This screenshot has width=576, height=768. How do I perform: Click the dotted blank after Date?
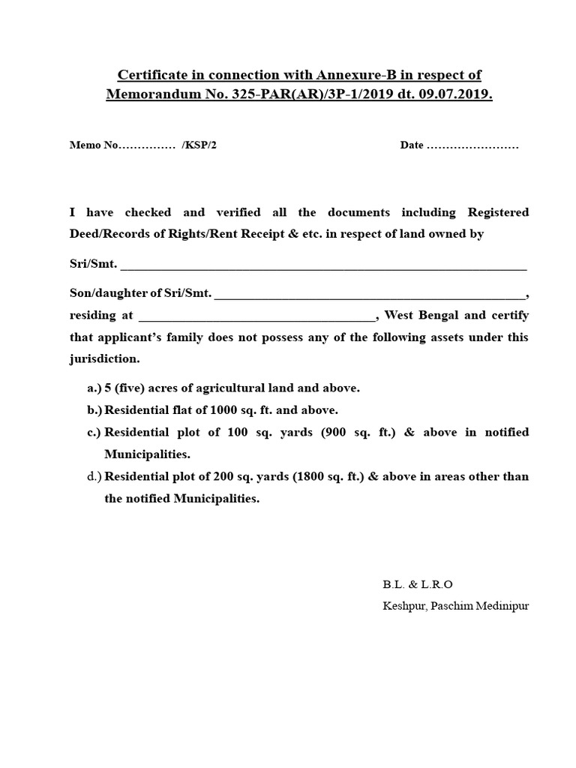click(472, 145)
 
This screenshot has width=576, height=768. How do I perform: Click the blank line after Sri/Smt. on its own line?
click(323, 265)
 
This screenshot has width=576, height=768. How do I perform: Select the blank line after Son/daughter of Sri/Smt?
click(370, 294)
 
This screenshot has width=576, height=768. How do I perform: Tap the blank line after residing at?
click(256, 316)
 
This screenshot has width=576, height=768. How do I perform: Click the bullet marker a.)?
click(94, 388)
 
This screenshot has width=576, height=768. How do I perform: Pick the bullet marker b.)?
click(94, 410)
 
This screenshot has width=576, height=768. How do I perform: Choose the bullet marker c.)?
click(94, 432)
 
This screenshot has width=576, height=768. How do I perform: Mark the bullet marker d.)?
click(94, 476)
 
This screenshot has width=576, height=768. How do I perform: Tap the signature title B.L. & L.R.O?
click(418, 584)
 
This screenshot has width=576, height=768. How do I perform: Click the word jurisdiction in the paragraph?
click(104, 358)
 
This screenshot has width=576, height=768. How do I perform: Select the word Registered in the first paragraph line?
click(498, 212)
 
